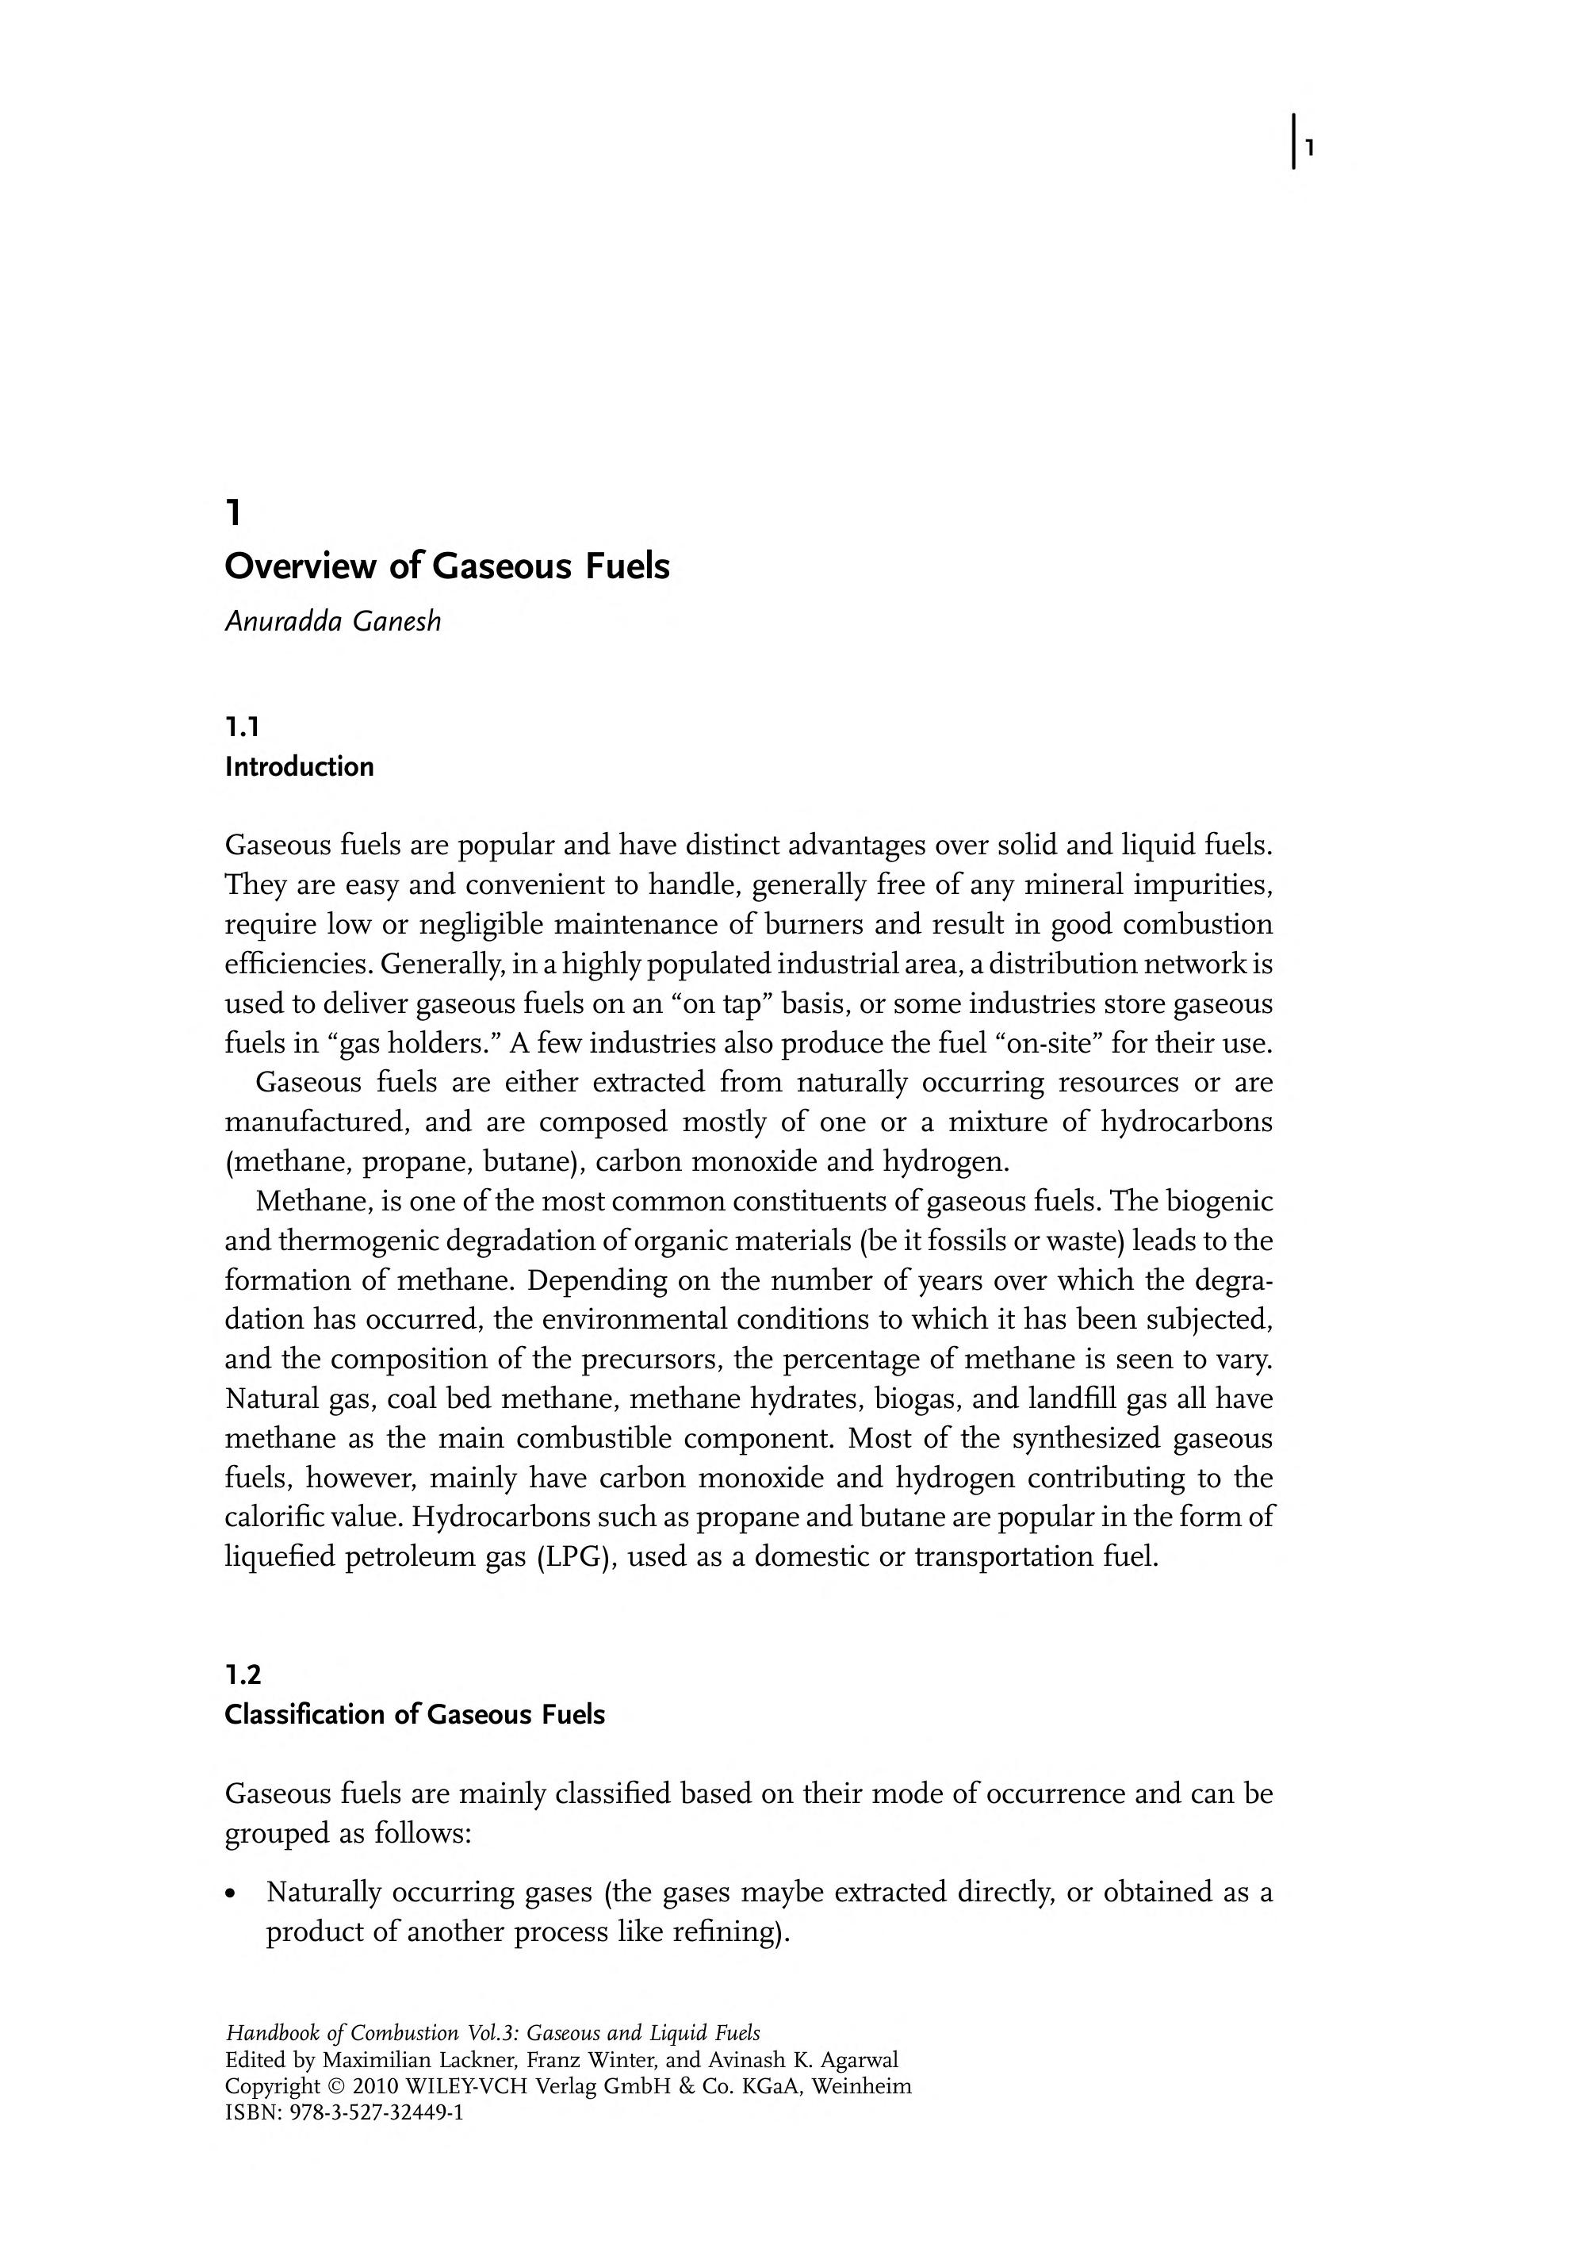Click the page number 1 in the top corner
(1309, 148)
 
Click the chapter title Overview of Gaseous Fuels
(447, 566)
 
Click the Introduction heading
(299, 766)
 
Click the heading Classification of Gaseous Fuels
(414, 1714)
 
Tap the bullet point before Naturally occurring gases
(231, 1893)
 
